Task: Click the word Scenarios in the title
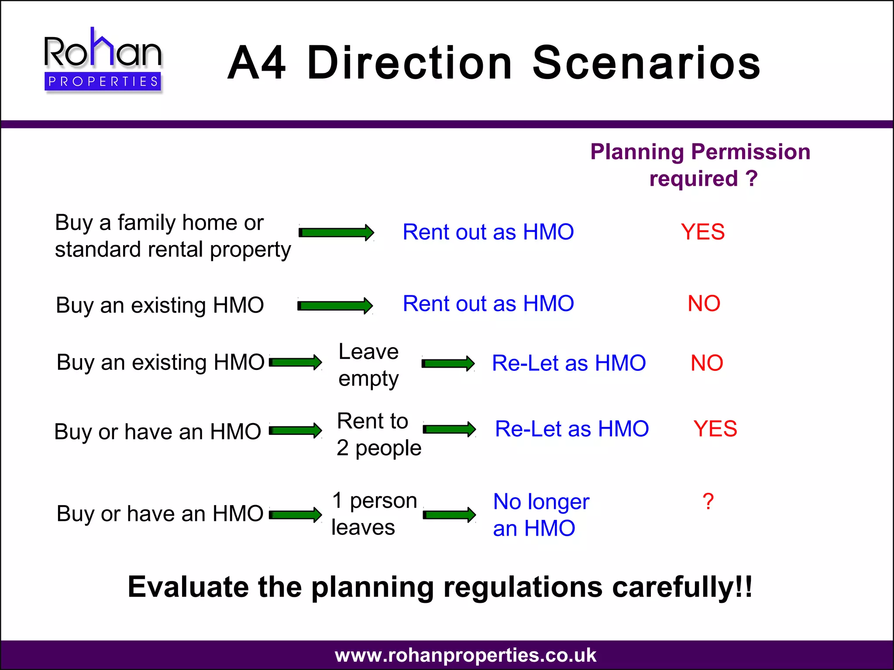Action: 647,64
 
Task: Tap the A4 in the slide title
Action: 257,64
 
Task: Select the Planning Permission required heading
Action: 700,165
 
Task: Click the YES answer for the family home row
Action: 703,232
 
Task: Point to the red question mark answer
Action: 708,502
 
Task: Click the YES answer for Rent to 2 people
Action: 715,428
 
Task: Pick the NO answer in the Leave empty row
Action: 707,363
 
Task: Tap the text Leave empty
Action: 368,365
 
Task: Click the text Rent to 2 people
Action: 378,434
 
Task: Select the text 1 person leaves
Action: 374,513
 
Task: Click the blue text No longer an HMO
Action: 540,515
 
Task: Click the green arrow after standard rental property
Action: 336,232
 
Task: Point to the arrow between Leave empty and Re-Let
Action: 448,363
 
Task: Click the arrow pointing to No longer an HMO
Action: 449,515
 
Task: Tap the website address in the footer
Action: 465,655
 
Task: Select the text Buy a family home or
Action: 159,223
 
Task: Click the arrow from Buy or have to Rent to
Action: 296,431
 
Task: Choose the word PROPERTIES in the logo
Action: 103,82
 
